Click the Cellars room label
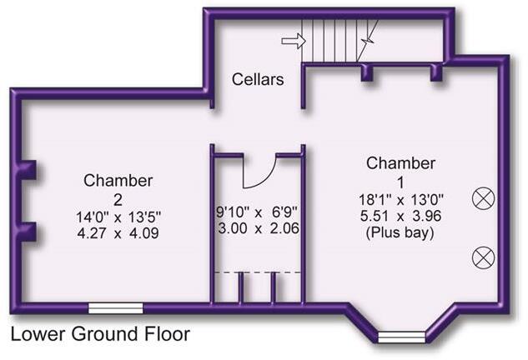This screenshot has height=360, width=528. click(x=258, y=79)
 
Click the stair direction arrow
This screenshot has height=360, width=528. click(x=294, y=41)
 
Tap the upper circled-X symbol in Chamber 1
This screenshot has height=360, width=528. click(x=484, y=199)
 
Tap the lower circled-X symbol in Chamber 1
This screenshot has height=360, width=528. click(x=484, y=257)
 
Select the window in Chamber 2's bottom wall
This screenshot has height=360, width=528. click(x=115, y=308)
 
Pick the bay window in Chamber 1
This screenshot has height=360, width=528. click(x=401, y=337)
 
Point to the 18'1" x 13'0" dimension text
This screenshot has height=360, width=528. click(x=400, y=200)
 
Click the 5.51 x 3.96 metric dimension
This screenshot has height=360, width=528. click(x=400, y=216)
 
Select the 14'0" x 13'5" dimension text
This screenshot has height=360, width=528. click(x=118, y=217)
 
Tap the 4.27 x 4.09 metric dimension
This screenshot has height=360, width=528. click(x=118, y=233)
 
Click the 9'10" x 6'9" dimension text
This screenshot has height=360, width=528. click(x=257, y=212)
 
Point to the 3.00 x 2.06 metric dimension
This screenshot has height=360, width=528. click(x=259, y=228)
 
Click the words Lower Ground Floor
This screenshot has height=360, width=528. click(x=100, y=334)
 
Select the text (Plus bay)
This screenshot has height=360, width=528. click(x=400, y=232)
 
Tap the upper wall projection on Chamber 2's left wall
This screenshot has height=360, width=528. click(x=29, y=170)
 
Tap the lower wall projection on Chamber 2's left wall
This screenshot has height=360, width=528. click(x=29, y=232)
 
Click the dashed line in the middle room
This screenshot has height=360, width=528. click(x=258, y=272)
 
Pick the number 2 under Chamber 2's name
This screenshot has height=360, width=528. click(x=118, y=201)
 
